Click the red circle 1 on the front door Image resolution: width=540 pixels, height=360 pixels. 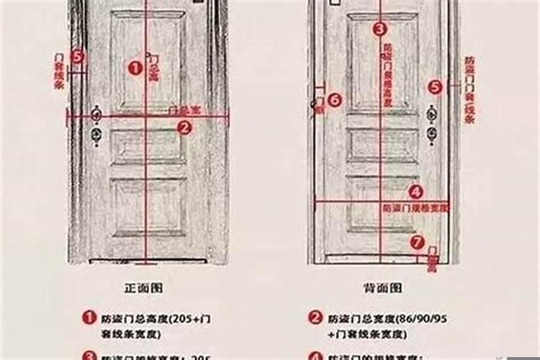(135, 68)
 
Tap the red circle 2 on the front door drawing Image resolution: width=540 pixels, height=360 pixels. (184, 127)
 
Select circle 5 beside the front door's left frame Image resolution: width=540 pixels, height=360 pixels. (78, 55)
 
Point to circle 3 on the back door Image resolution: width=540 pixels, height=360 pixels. (379, 30)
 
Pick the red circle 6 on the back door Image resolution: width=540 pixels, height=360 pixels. (333, 101)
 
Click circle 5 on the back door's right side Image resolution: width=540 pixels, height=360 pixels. (434, 87)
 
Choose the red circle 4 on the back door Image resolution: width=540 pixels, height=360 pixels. (415, 192)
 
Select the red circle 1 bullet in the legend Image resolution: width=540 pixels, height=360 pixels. (89, 317)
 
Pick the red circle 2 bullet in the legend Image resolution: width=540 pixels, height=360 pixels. (315, 317)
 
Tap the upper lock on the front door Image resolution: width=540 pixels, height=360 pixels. (96, 115)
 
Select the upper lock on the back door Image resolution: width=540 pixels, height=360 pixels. (432, 115)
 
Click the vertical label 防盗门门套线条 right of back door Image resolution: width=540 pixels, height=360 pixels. (469, 90)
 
